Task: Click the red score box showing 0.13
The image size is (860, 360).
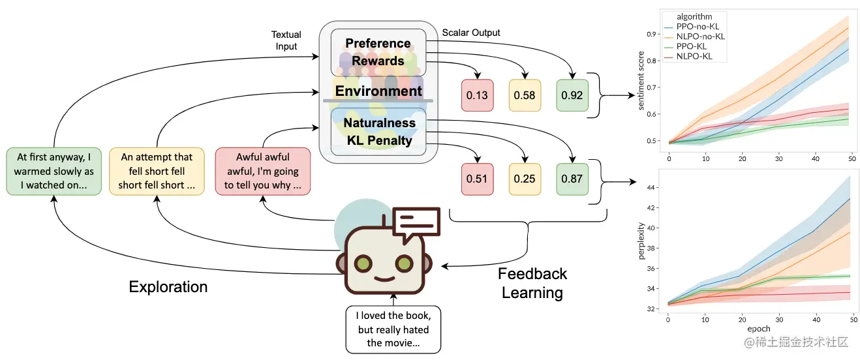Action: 477,95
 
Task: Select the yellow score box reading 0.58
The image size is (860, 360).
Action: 525,95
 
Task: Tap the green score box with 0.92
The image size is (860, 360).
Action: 572,95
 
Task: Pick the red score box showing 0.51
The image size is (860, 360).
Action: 477,179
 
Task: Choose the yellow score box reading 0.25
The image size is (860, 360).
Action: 525,179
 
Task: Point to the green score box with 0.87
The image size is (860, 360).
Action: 572,179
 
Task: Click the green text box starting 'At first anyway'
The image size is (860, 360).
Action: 54,172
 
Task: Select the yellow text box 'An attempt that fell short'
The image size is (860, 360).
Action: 156,172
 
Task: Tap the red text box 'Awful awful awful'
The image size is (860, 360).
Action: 262,172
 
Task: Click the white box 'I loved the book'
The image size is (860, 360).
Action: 393,329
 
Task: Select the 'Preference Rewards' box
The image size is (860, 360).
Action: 378,52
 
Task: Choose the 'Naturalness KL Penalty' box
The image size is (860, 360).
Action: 379,131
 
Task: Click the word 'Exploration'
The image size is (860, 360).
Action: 168,287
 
